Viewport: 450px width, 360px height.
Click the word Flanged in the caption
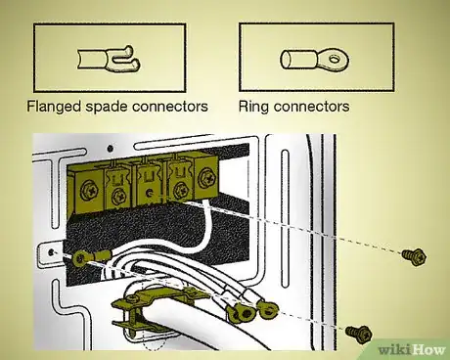62,105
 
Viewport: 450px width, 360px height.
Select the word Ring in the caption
255,105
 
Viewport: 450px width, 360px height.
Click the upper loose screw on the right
410,256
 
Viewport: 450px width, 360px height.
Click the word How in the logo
422,345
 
